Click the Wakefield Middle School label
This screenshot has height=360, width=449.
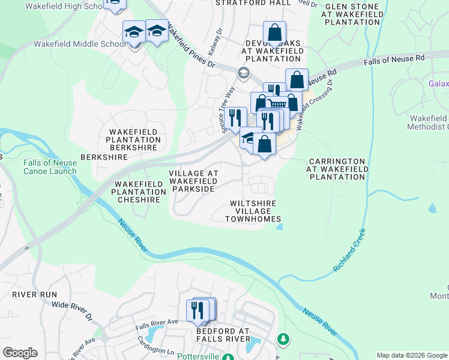pos(80,44)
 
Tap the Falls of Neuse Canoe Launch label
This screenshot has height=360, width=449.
pos(50,167)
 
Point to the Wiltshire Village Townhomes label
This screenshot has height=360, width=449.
pos(253,211)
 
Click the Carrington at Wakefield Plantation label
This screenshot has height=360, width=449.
pos(336,169)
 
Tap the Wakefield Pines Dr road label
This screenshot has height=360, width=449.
pos(191,46)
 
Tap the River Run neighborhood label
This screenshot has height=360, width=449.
pos(34,295)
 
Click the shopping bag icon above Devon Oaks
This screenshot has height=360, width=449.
pos(274,32)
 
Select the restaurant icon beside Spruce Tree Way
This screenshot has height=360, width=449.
pos(235,117)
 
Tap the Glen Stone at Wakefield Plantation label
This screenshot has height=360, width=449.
pos(352,14)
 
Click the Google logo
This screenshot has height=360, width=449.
pos(20,353)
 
